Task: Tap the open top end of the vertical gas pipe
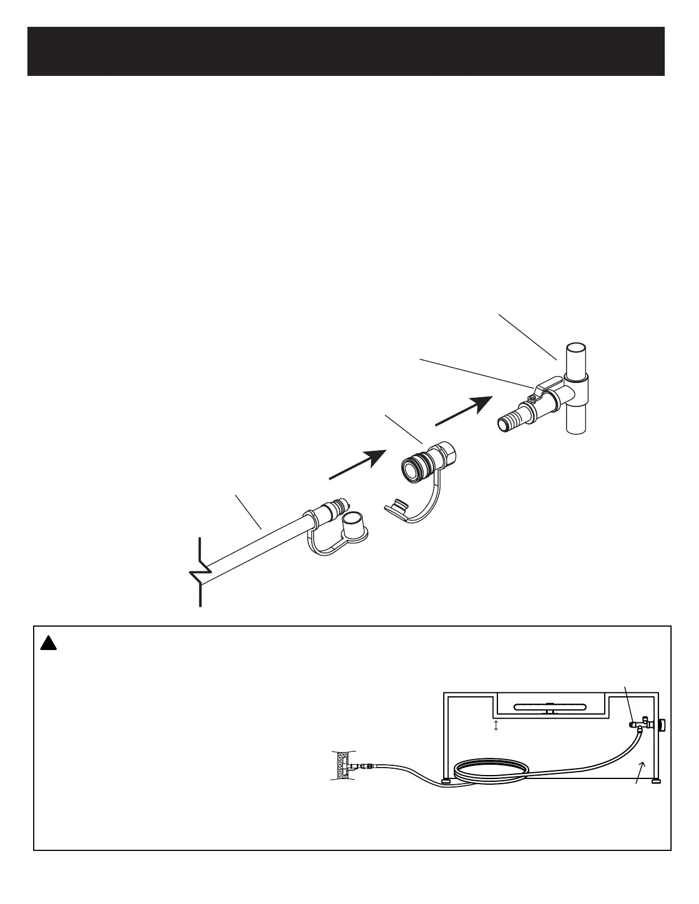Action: (576, 349)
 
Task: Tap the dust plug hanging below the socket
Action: (397, 506)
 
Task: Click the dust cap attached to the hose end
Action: (355, 527)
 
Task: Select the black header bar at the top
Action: (346, 51)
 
